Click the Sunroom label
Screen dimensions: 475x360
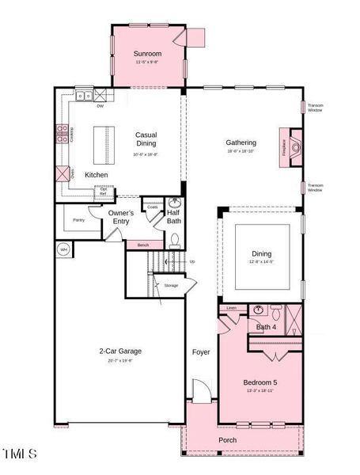click(x=146, y=54)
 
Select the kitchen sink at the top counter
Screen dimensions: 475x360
click(x=83, y=96)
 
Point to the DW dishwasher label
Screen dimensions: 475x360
click(x=100, y=105)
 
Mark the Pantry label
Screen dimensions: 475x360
click(x=78, y=219)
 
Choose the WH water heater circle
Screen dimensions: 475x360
click(x=63, y=250)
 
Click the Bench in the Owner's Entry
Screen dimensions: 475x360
click(x=143, y=245)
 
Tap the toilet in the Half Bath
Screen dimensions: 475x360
click(x=175, y=237)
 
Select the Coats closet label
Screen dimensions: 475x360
click(x=153, y=207)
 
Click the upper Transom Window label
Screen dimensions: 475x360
click(x=315, y=108)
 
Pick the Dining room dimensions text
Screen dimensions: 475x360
click(x=260, y=262)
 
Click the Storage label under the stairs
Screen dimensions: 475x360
click(x=171, y=285)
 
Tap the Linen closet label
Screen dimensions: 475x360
click(x=231, y=308)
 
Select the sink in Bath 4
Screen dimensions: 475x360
click(x=259, y=310)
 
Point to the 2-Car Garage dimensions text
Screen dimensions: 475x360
click(x=120, y=360)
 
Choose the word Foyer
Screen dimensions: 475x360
click(x=201, y=351)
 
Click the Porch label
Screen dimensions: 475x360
click(x=227, y=440)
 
